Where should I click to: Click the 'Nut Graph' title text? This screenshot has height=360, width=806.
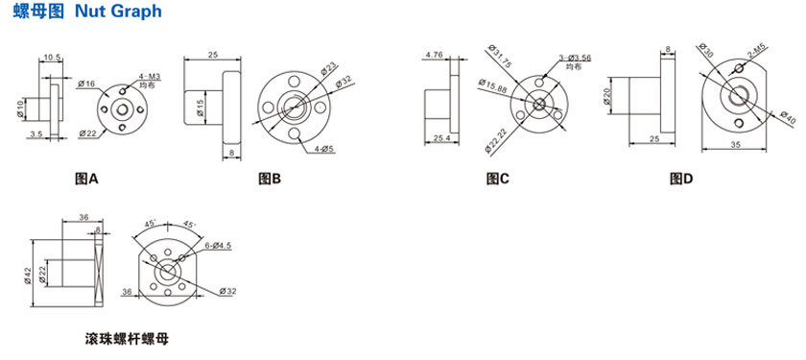point(118,12)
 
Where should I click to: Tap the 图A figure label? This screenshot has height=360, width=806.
point(85,179)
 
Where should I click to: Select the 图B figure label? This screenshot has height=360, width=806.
point(270,179)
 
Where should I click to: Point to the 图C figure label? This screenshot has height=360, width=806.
point(498,179)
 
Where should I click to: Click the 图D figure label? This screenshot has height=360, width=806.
point(681,179)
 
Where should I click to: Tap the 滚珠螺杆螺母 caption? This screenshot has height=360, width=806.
point(127,340)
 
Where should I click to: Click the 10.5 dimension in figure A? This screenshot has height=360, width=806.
point(50,57)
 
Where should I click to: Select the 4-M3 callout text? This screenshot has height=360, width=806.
point(149,77)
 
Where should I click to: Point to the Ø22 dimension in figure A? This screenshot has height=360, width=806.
point(87,133)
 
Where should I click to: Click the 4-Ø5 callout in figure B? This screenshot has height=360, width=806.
point(324,150)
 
